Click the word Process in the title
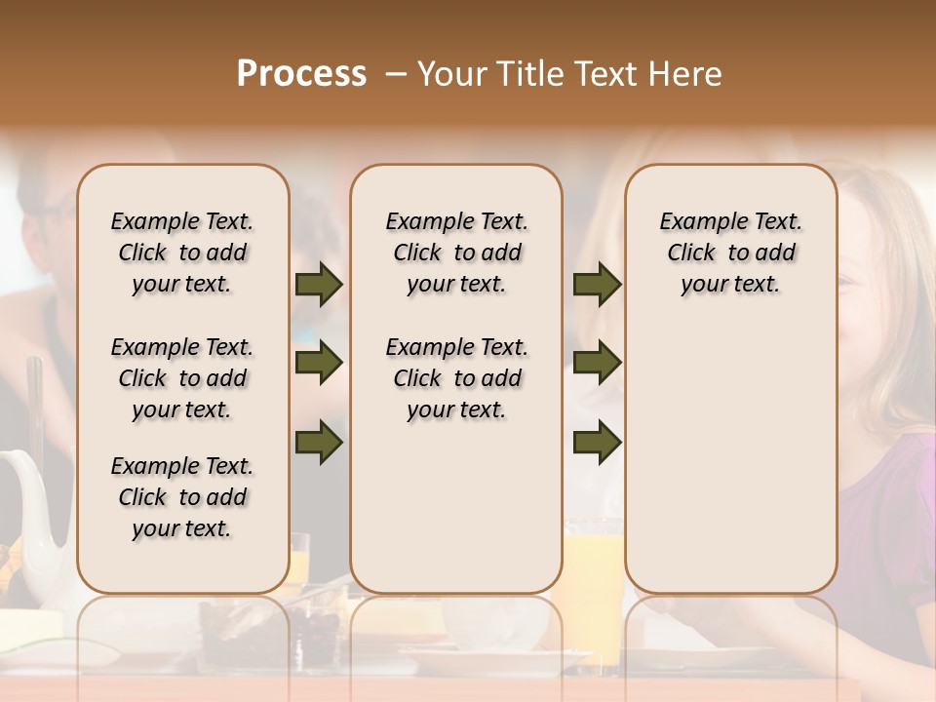(x=301, y=74)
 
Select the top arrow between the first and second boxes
(x=319, y=285)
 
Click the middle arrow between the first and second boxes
(x=319, y=364)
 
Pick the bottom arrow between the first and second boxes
(x=319, y=443)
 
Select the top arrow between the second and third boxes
(x=597, y=285)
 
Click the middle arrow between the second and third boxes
(x=597, y=364)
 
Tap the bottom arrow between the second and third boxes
(x=597, y=443)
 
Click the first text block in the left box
(x=182, y=253)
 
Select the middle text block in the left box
(x=182, y=378)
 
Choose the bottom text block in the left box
(x=182, y=497)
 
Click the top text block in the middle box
(x=456, y=253)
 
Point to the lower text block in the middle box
(x=456, y=378)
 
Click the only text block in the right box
(x=730, y=253)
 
